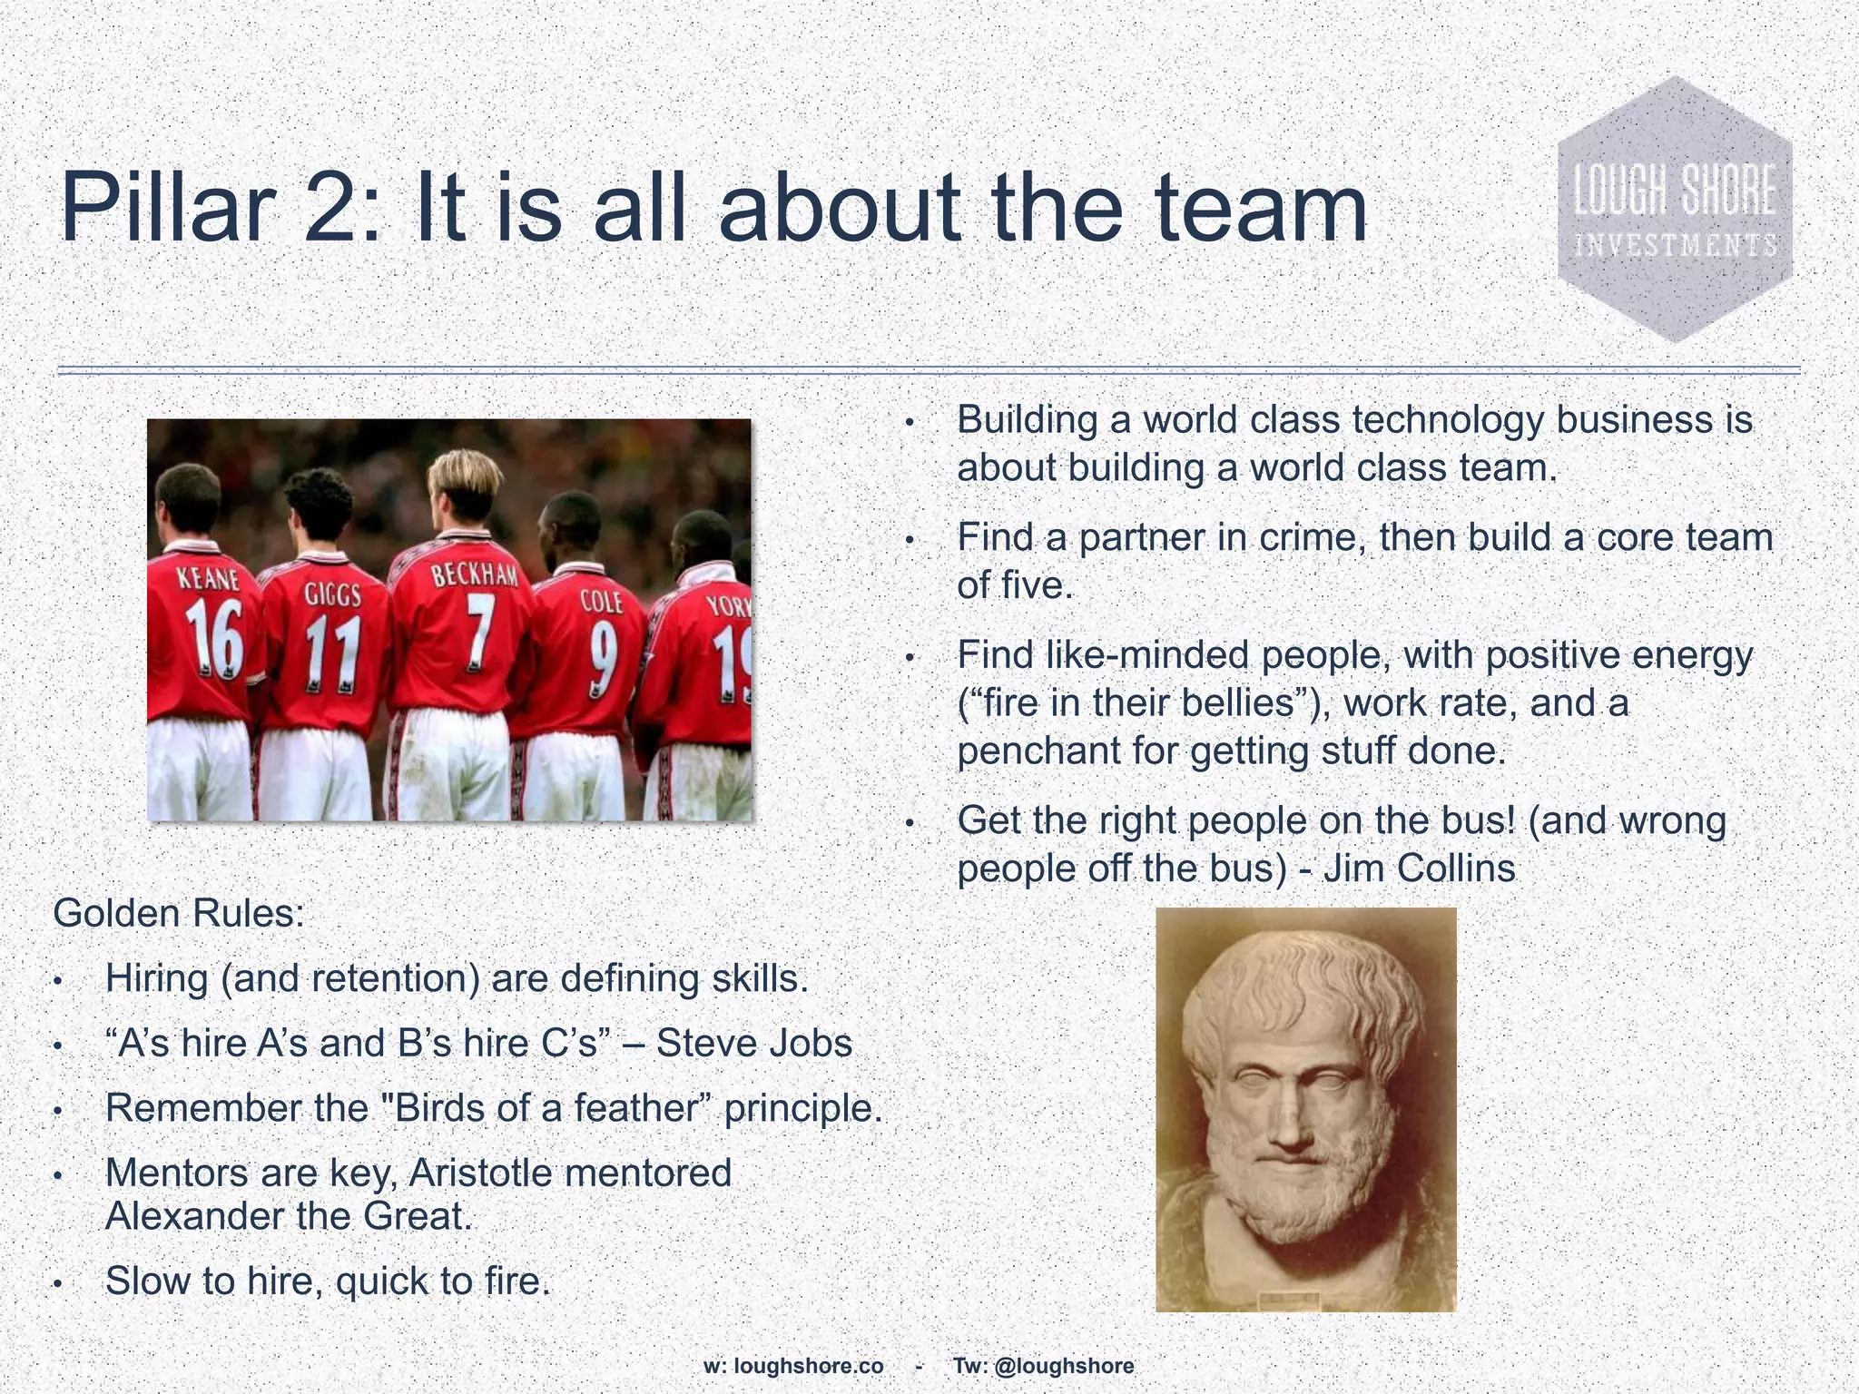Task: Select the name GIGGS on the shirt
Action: point(332,594)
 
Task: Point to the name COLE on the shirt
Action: point(602,601)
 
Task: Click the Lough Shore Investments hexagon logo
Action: point(1675,210)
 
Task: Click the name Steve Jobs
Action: point(753,1044)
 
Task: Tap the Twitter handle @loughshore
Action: point(1064,1366)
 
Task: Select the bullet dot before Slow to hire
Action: point(56,1283)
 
